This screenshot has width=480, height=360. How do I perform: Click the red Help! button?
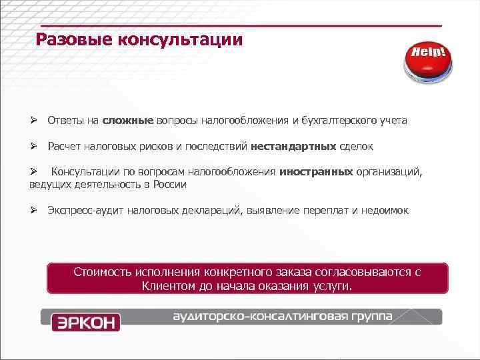tap(427, 61)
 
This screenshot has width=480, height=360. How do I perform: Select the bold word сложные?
tap(128, 121)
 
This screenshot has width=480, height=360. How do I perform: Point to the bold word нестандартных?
tap(293, 146)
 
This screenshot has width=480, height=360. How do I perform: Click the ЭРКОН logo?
tap(85, 322)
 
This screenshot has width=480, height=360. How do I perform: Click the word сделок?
tap(356, 146)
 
